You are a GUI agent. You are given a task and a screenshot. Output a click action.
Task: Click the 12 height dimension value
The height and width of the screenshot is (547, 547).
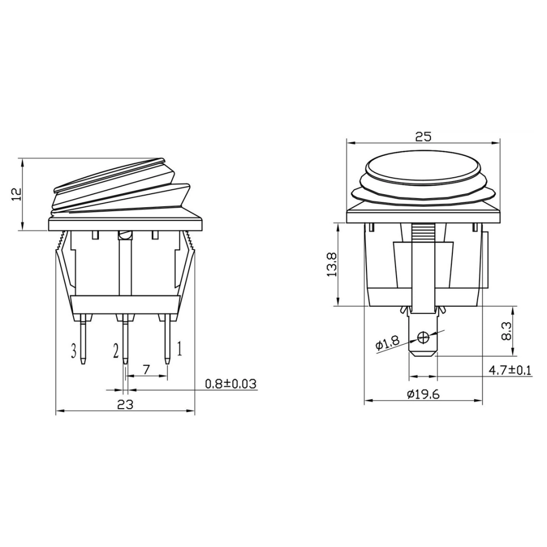pos(16,195)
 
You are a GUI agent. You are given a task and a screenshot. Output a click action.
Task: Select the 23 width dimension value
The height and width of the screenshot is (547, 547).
pos(125,405)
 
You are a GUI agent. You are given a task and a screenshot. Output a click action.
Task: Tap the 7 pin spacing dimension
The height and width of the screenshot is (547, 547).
pos(146,370)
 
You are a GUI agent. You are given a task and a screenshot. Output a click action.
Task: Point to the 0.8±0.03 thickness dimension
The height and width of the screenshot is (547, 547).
pos(230,384)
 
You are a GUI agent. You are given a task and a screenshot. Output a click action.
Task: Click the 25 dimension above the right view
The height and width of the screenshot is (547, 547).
pos(423,137)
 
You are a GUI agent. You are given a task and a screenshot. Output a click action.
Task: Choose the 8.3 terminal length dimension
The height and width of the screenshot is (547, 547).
pos(506,331)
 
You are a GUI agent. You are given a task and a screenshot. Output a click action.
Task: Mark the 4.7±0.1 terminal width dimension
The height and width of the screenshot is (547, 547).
pos(510,370)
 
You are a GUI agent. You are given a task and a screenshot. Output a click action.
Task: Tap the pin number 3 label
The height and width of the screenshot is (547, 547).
pos(73,351)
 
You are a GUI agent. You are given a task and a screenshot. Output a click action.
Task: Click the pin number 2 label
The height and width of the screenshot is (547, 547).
pos(115,351)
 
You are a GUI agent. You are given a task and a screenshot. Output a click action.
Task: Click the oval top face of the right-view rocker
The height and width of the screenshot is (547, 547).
pos(423,167)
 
